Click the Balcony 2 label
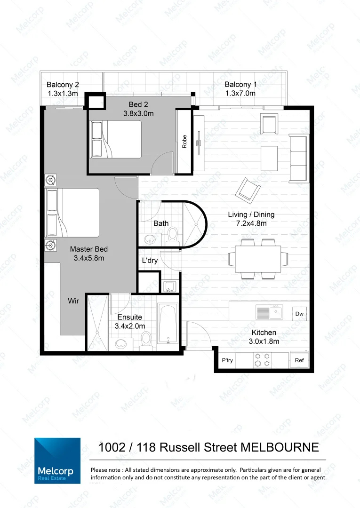pos(63,85)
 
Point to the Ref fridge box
pos(299,361)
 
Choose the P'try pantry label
pos(228,361)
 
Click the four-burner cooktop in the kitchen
pos(262,360)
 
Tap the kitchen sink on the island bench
pos(269,311)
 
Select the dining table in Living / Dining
pos(258,259)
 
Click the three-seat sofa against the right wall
pos(298,158)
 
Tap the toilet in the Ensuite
pos(146,340)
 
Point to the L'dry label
pos(150,261)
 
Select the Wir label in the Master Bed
pos(73,301)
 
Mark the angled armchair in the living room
pos(248,189)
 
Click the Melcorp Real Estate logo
pos(57,460)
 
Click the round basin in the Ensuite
pos(121,343)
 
